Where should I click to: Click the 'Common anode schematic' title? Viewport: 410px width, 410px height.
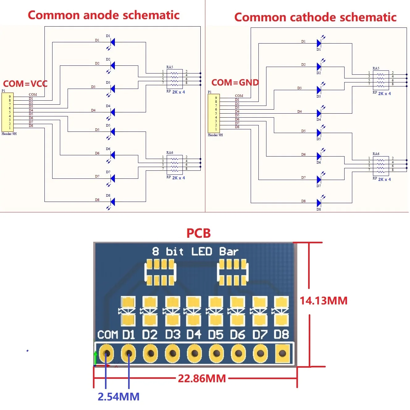point(103,15)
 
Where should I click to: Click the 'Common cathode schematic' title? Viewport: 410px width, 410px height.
point(315,17)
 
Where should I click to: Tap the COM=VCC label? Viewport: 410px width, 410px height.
point(25,84)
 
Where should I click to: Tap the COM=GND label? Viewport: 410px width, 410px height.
point(235,82)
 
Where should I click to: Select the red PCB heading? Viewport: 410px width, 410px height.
point(199,233)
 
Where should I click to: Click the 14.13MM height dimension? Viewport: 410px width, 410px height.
point(324,300)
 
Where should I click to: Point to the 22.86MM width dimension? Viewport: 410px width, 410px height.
point(202,378)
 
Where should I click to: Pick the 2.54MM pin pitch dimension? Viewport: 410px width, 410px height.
point(119,396)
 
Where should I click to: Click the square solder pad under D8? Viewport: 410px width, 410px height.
point(282,354)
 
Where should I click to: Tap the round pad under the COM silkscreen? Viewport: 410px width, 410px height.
point(107,354)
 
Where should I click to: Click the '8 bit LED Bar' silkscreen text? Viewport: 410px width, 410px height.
point(195,252)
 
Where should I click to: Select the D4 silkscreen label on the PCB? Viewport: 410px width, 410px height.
point(194,335)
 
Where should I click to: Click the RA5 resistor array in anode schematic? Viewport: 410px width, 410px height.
point(174,79)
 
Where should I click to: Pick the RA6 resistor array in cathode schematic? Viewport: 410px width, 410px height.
point(381,166)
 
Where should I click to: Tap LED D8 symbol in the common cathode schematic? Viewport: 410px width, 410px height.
point(319,203)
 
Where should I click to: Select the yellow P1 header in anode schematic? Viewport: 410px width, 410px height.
point(7,112)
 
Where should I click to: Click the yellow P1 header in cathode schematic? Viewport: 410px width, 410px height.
point(214,114)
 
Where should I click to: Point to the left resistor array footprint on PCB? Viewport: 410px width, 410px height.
point(160,272)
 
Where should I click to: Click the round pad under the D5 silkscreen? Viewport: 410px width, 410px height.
point(216,354)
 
